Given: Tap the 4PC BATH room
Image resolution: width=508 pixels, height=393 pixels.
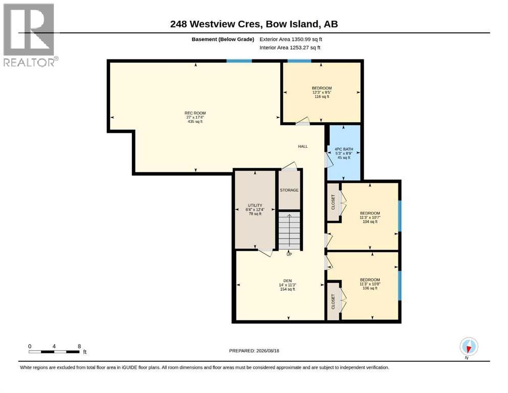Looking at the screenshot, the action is tap(344, 152).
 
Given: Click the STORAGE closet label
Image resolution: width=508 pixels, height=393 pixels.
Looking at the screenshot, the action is tap(290, 190).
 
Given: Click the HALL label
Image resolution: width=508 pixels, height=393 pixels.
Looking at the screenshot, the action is tap(303, 146).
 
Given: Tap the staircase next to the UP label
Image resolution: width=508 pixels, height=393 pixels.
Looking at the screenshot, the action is tap(290, 231).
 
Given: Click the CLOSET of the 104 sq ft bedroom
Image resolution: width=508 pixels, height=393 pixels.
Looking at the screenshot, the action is tap(333, 202).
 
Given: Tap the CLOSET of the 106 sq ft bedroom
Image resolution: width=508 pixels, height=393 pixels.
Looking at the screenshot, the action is tap(333, 301).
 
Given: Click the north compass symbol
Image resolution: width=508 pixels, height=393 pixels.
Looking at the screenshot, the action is tap(469, 346).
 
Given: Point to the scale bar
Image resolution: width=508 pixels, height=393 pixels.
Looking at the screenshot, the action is tap(54, 352).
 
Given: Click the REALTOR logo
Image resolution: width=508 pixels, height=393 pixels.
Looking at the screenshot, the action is tap(30, 35).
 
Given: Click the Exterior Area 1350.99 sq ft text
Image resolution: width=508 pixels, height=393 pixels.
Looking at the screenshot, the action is tap(291, 39).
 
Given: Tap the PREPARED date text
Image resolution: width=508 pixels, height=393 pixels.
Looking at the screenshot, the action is tap(254, 351).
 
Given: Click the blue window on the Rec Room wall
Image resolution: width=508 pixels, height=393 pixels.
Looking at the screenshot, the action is tap(239, 61).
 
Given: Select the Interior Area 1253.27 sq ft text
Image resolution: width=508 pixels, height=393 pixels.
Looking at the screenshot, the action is tap(290, 48).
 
